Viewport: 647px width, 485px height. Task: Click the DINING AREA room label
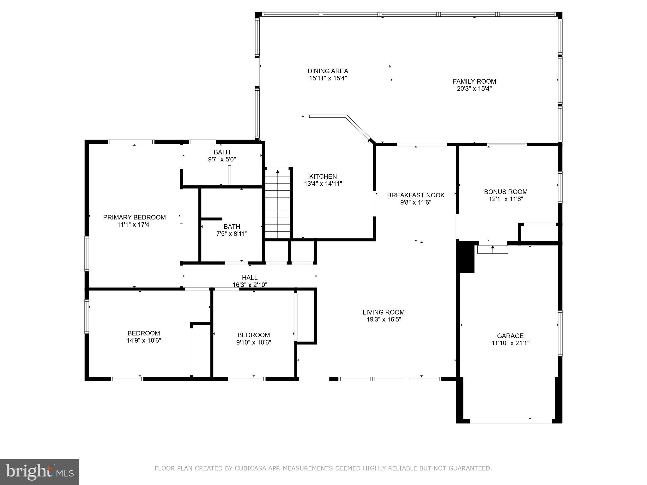point(328,71)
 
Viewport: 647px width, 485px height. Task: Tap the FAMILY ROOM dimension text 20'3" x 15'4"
point(474,89)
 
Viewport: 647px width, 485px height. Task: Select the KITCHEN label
point(323,177)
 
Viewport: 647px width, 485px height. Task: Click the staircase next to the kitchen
point(277,204)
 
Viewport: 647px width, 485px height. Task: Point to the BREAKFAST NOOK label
point(415,195)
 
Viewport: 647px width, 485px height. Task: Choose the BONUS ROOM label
point(505,192)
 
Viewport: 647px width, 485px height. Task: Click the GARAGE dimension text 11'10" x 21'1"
point(510,343)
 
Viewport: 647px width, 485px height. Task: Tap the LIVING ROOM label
point(383,312)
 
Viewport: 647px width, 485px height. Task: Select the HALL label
point(250,278)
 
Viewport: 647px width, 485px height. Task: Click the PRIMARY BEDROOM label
point(134,217)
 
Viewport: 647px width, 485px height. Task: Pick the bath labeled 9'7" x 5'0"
point(222,156)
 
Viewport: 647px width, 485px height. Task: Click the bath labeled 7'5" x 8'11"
point(232,230)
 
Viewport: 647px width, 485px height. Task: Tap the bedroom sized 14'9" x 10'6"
point(144,337)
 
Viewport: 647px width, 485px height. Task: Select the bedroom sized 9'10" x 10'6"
point(253,338)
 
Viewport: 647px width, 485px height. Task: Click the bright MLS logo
point(39,472)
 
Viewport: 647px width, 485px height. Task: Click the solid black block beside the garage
point(466,257)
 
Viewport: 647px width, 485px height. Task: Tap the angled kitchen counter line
point(358,128)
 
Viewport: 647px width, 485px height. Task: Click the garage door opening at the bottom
point(511,421)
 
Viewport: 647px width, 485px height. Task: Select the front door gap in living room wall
point(314,379)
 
